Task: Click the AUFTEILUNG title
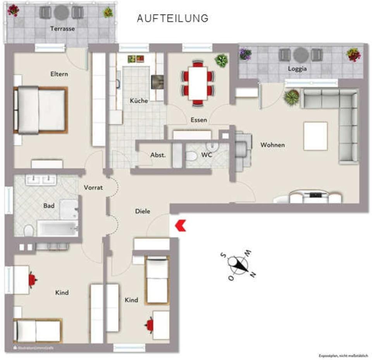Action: pyautogui.click(x=172, y=18)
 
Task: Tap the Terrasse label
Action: pyautogui.click(x=62, y=29)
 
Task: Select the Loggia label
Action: pyautogui.click(x=297, y=69)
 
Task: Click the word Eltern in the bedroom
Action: pyautogui.click(x=59, y=74)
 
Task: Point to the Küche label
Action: pyautogui.click(x=139, y=101)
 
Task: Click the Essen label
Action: pyautogui.click(x=199, y=120)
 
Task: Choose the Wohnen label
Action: pyautogui.click(x=272, y=145)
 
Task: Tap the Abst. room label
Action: pyautogui.click(x=158, y=155)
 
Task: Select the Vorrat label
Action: pyautogui.click(x=93, y=188)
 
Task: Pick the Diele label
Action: pyautogui.click(x=142, y=211)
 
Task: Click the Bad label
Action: pyautogui.click(x=49, y=206)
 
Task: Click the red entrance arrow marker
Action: pyautogui.click(x=181, y=226)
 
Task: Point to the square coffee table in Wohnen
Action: pyautogui.click(x=315, y=136)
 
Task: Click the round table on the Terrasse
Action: pyautogui.click(x=61, y=13)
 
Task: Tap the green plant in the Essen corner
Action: pyautogui.click(x=221, y=60)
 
